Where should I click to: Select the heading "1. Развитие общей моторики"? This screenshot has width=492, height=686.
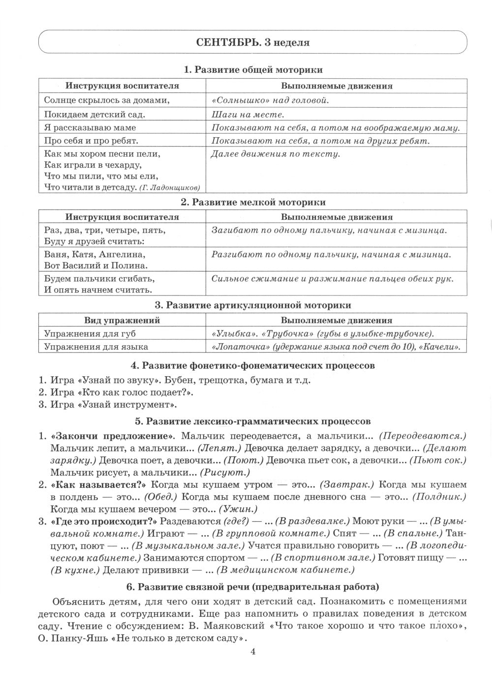[x=253, y=70]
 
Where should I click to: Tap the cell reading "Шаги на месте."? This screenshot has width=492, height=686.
[x=247, y=115]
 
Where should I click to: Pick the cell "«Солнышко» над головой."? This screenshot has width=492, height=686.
[x=270, y=100]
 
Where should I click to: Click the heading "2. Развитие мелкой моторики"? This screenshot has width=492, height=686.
[x=253, y=202]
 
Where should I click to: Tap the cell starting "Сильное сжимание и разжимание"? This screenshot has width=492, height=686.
[x=332, y=279]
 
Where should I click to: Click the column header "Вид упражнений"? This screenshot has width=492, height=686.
[x=123, y=320]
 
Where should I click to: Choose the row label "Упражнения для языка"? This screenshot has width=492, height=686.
[x=96, y=347]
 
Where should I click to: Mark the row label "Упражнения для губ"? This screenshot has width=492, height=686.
[x=90, y=333]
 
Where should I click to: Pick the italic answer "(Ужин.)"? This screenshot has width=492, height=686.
[x=238, y=509]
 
